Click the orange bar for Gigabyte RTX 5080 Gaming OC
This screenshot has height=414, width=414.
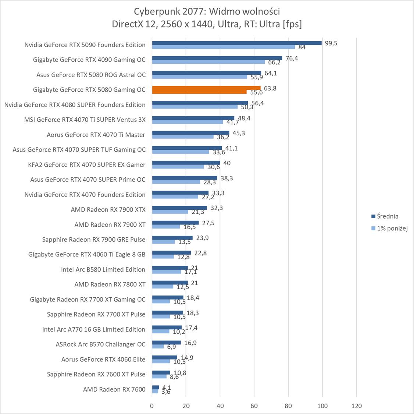[206, 88]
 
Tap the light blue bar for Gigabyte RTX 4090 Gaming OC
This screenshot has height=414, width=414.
[208, 62]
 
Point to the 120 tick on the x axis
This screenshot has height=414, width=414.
[356, 406]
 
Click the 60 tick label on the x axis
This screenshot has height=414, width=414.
[254, 406]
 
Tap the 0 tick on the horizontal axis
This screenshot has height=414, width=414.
[152, 406]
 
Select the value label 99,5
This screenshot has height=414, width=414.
[331, 43]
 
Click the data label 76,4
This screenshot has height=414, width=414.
[291, 58]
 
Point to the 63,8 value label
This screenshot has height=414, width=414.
[270, 88]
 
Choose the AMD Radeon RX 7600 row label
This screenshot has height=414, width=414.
[114, 389]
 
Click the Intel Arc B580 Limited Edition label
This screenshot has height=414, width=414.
[103, 269]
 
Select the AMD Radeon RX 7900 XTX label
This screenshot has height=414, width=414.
[108, 209]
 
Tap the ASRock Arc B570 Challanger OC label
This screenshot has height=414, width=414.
[100, 344]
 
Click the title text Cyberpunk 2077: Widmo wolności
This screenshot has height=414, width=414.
[207, 11]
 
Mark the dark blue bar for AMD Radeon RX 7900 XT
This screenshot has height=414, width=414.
[175, 223]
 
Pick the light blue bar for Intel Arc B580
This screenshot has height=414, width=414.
[167, 272]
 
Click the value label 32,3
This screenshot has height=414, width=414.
[216, 208]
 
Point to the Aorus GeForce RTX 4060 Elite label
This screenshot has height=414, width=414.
[103, 359]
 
